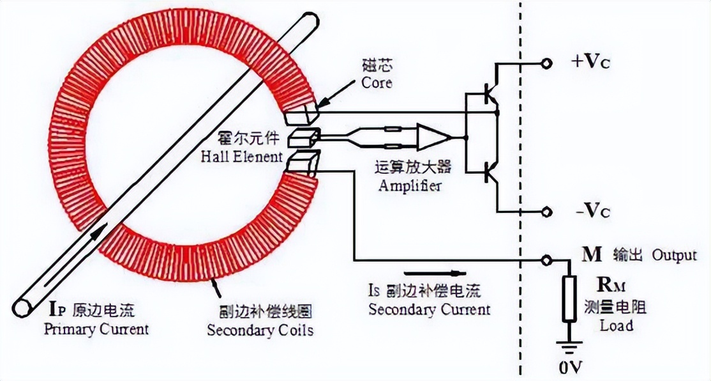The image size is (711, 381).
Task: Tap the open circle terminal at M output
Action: [x=546, y=260]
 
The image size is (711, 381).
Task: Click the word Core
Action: [x=377, y=83]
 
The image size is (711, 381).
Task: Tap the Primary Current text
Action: [x=96, y=329]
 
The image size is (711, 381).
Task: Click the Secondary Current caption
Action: [x=429, y=309]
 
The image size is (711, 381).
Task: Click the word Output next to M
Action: [x=674, y=256]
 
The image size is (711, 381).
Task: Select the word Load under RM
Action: [x=616, y=325]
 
